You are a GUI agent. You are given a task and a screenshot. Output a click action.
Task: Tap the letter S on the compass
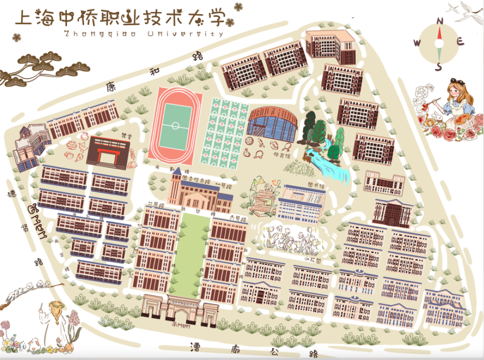click(439, 67)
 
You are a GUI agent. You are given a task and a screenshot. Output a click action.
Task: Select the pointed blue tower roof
click(177, 172)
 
